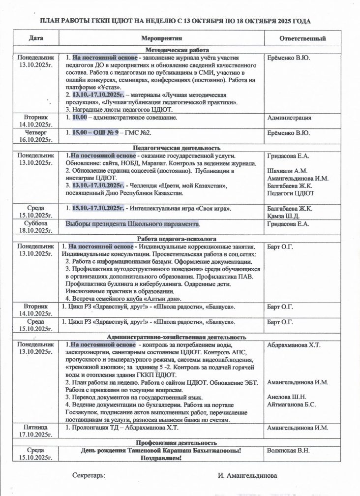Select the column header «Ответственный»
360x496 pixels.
coord(302,38)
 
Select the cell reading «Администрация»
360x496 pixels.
coord(289,118)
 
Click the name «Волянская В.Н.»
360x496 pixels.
coord(289,450)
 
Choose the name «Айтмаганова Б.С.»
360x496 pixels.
coord(292,404)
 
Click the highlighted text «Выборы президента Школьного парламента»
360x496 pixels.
coord(133,224)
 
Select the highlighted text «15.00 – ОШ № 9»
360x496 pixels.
coord(93,133)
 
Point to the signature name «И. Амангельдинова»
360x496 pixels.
coord(248,476)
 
